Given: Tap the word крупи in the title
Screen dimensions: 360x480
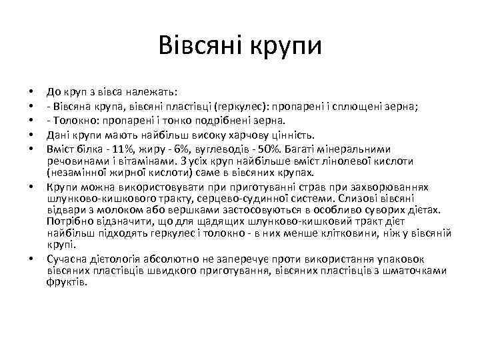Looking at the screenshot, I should click(285, 47).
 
